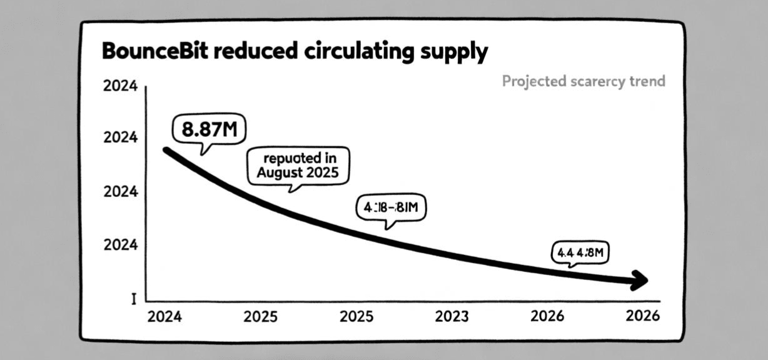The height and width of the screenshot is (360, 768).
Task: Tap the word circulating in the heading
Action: pos(356,51)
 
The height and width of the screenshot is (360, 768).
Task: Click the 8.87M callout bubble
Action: pos(209,130)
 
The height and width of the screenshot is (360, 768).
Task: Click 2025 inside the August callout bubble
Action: pos(322,172)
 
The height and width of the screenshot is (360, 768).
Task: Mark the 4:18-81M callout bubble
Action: pos(390,208)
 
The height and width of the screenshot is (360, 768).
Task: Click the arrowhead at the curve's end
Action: pos(641,281)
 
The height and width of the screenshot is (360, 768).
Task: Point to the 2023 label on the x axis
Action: pos(452,317)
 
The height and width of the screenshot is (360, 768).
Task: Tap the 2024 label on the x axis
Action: pos(164,317)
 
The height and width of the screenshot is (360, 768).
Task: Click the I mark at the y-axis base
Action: pos(133,299)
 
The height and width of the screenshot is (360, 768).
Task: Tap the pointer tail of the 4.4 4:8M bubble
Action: pos(570,266)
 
